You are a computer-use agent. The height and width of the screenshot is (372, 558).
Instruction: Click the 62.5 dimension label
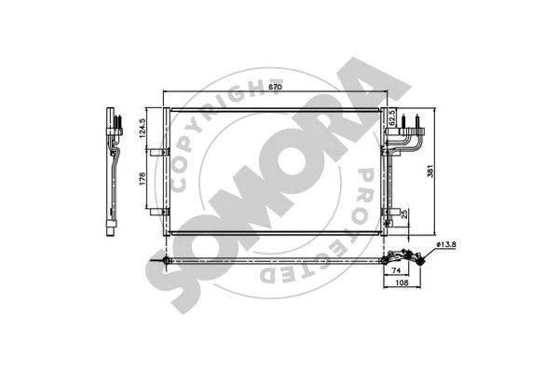[x=392, y=119]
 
